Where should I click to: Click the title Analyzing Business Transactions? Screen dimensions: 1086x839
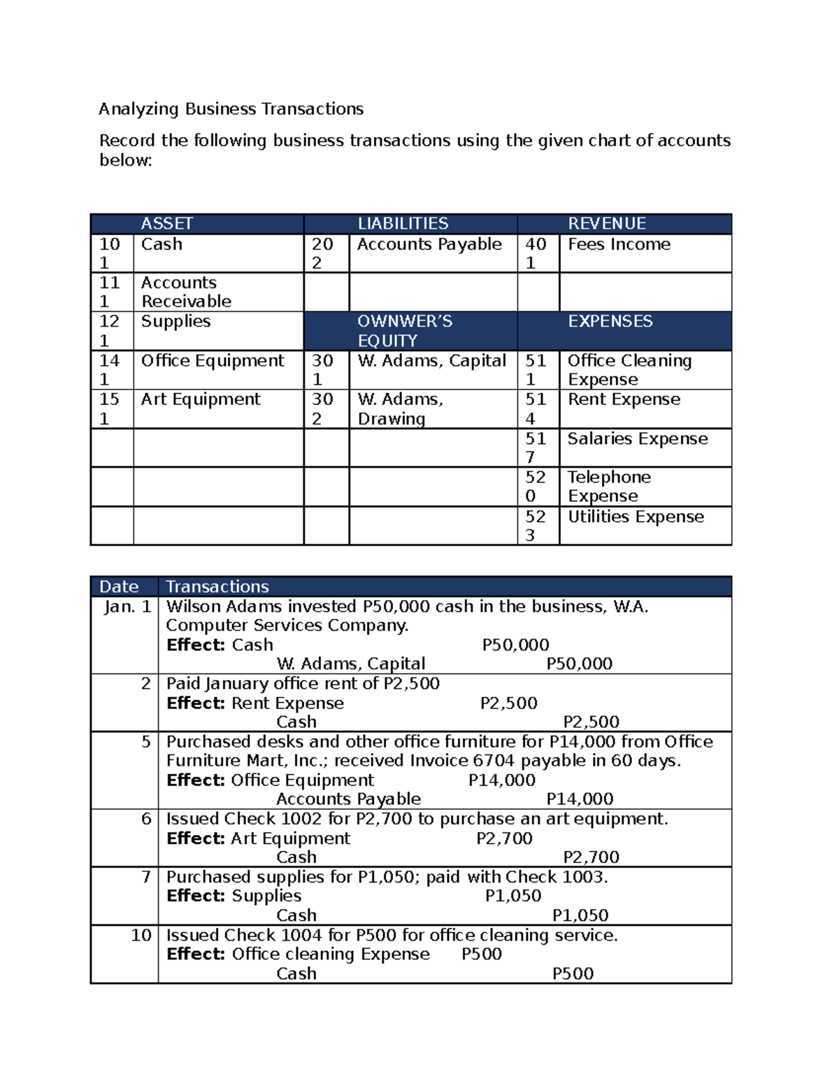pos(231,109)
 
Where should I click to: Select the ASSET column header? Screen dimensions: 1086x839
pos(166,224)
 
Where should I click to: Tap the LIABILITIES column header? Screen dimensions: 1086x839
pos(403,224)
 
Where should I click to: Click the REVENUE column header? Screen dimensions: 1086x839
pos(607,224)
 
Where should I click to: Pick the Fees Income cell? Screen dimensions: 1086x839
pos(619,244)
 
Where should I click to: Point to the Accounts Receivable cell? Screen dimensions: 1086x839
pos(186,292)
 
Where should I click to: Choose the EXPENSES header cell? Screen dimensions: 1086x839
pos(610,321)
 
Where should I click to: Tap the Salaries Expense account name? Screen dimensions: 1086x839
pos(637,438)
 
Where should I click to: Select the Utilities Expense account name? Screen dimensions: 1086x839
pos(636,517)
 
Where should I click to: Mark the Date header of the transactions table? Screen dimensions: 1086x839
pos(119,587)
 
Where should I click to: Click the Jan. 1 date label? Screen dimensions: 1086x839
pos(127,606)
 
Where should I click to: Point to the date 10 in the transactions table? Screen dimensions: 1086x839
pos(141,935)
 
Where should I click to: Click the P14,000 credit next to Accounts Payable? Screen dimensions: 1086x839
pos(580,799)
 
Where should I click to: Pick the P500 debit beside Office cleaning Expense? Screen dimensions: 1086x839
pos(482,954)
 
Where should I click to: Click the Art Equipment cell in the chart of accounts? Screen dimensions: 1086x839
pos(201,399)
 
